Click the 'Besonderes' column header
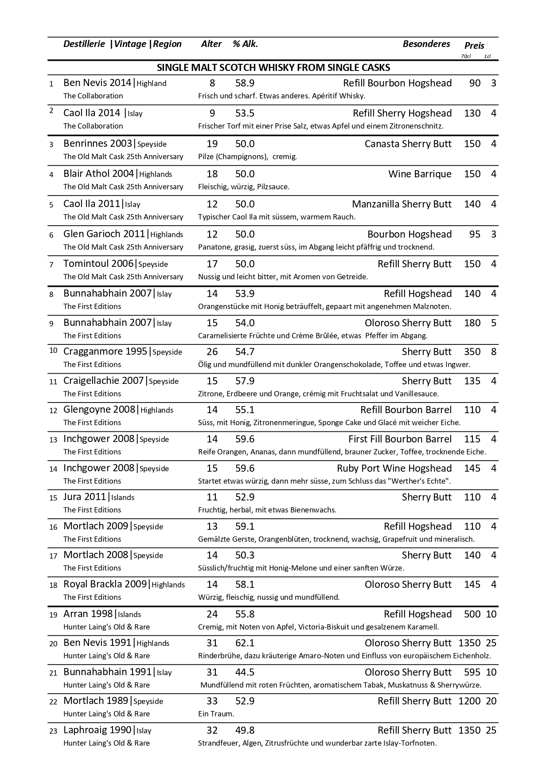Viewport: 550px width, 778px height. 426,44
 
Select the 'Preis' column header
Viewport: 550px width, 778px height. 474,46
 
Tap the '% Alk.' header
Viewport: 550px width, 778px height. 245,44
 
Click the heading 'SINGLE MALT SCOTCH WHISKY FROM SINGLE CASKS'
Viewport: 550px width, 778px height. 273,68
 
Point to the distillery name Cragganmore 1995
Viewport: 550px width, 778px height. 105,352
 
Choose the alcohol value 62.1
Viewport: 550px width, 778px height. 245,643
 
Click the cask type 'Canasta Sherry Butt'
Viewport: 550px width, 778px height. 408,144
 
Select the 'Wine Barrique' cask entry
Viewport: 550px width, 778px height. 420,174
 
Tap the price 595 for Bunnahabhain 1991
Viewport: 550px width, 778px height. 472,672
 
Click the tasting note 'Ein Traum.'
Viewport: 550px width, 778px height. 216,714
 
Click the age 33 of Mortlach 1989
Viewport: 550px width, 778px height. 212,701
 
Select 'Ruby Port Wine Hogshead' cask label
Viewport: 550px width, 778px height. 394,469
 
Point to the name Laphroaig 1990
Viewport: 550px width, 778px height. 98,730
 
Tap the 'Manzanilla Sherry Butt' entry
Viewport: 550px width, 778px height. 402,204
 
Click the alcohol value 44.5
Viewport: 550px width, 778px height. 245,672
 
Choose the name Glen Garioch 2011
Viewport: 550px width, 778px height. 104,234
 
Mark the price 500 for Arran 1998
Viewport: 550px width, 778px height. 472,614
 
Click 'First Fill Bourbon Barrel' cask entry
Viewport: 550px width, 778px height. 400,439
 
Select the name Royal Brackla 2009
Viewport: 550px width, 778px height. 105,584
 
